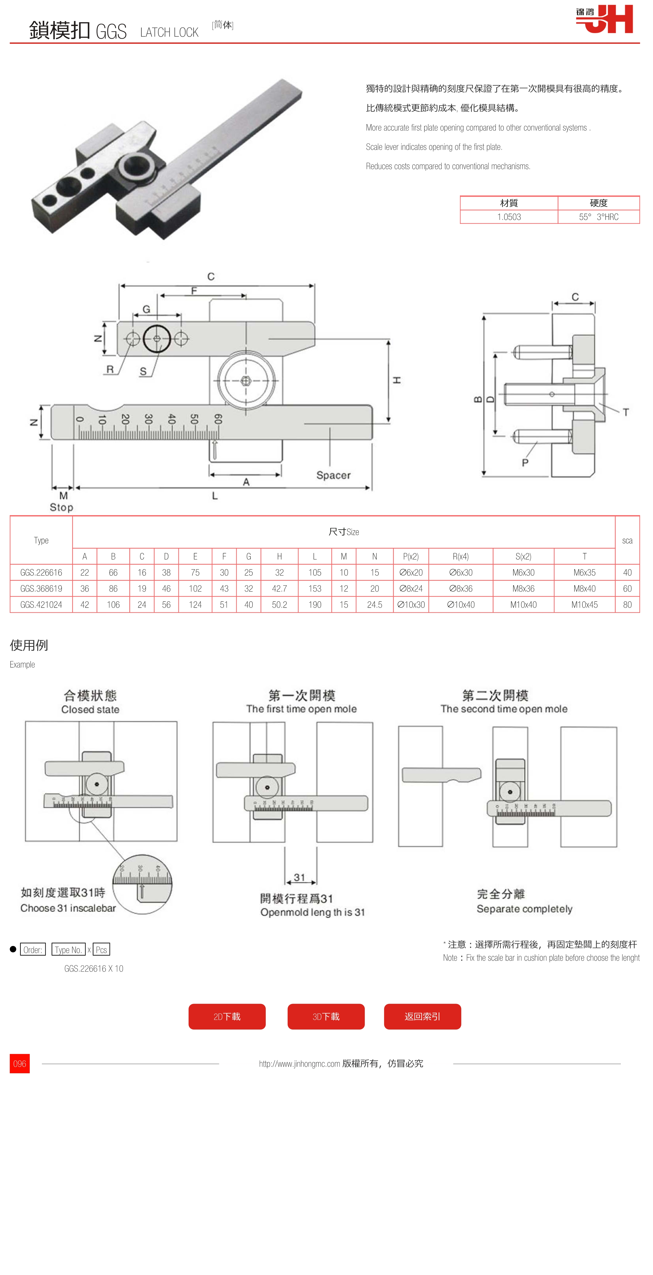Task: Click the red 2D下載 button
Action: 227,1016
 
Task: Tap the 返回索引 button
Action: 422,1016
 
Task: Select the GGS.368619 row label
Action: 41,588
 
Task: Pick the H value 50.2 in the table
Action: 279,604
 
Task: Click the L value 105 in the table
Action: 314,572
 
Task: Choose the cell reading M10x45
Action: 584,604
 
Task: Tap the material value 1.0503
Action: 509,217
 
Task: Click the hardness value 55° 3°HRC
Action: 598,217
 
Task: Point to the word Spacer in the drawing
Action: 333,475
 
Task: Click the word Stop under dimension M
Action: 61,507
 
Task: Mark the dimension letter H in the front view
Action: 396,380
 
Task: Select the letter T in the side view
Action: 626,412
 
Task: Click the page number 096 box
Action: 20,1063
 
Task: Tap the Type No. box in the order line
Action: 68,949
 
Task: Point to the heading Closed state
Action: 90,709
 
